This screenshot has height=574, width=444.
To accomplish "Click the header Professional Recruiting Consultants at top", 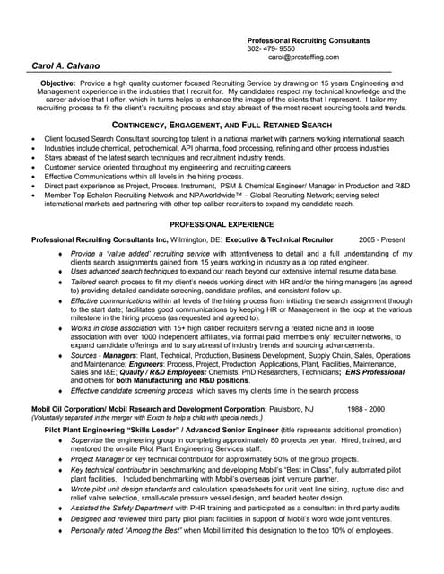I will click(308, 41).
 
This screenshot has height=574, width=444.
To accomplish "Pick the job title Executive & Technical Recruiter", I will click(280, 240).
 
